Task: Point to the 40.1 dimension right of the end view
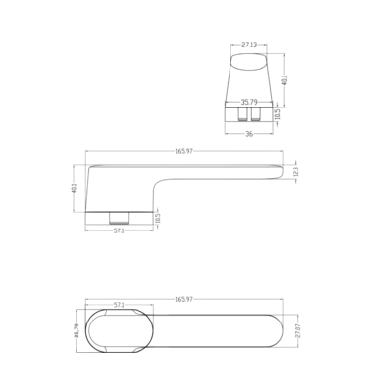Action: (283, 79)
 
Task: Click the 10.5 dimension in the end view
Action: (278, 115)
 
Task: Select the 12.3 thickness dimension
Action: (296, 171)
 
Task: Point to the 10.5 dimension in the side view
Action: (159, 216)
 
